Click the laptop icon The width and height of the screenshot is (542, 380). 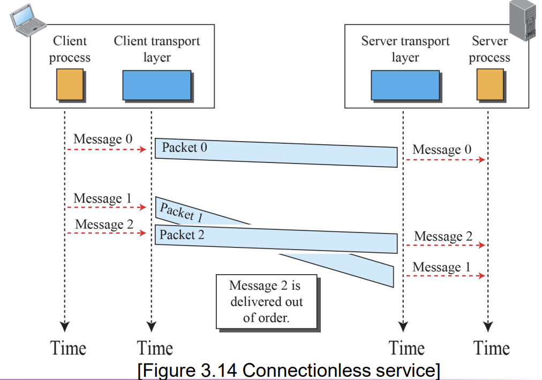click(28, 20)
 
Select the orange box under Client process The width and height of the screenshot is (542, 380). click(70, 84)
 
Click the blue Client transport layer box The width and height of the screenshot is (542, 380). click(157, 86)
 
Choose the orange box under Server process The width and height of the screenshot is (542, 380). click(490, 84)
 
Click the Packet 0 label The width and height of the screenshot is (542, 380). click(185, 148)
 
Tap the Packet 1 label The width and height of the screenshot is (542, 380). click(181, 212)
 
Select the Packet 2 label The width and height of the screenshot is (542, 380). click(182, 235)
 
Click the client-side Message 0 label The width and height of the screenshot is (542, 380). click(103, 139)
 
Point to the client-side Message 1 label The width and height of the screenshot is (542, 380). click(103, 198)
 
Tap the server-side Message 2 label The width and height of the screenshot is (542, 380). click(443, 236)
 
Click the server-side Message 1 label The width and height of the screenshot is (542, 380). click(442, 267)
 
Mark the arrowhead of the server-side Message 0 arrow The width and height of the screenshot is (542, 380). click(481, 159)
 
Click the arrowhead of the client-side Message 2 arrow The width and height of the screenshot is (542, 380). click(142, 233)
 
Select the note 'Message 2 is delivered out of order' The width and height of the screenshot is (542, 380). click(267, 302)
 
